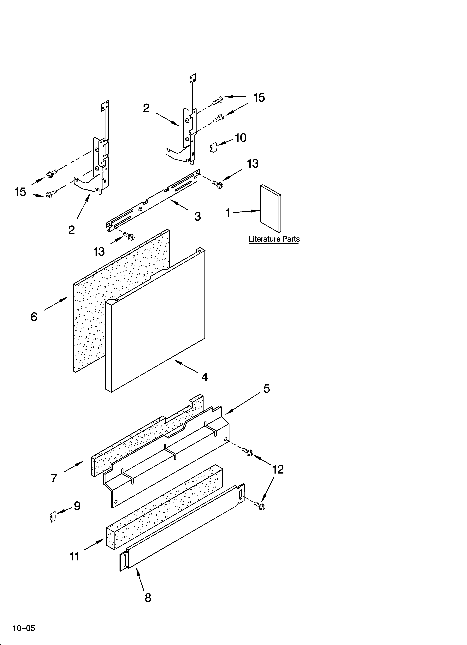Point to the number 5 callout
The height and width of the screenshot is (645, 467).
[x=267, y=389]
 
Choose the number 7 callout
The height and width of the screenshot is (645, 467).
[x=54, y=478]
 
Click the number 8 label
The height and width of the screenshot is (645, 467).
[x=148, y=598]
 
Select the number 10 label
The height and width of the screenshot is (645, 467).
[x=241, y=138]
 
